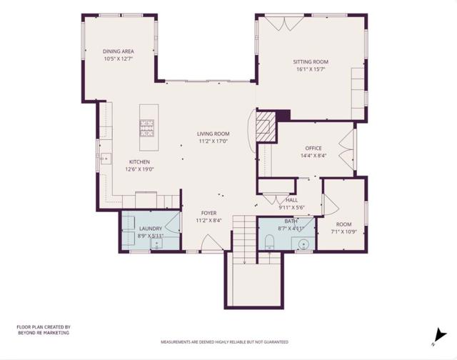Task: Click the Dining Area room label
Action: point(119,51)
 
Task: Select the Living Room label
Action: point(213,134)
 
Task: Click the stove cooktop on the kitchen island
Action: point(146,128)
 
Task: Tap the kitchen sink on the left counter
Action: point(105,159)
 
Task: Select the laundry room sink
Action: point(156,243)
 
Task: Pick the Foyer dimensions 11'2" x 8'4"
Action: point(209,221)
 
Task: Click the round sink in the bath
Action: point(303,244)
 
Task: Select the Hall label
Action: point(291,200)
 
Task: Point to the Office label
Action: point(313,148)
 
